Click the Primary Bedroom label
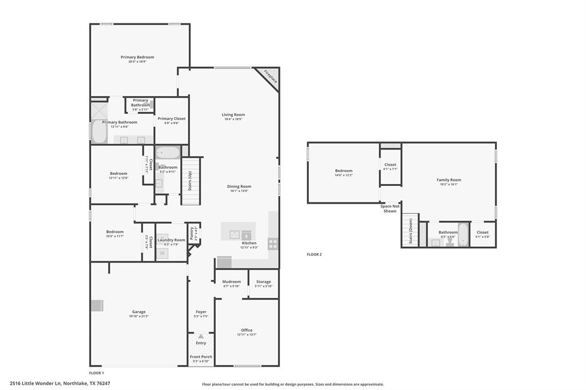[137, 57]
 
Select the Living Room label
[233, 115]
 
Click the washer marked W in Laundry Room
[163, 253]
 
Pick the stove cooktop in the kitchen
[273, 244]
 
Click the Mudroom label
[232, 281]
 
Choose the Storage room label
[263, 281]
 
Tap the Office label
[247, 330]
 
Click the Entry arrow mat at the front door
[200, 337]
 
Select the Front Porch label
[201, 357]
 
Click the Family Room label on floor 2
[449, 180]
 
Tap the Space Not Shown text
[390, 209]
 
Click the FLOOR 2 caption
[314, 254]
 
